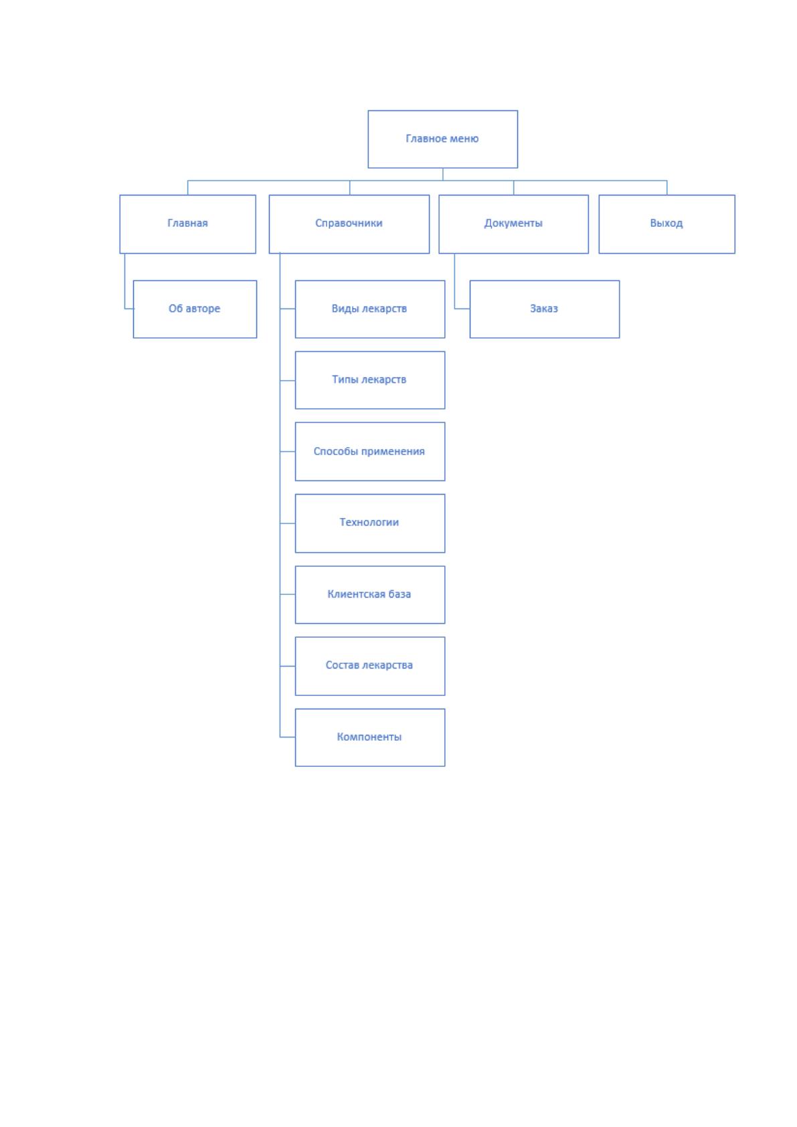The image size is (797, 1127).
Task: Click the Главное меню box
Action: pyautogui.click(x=442, y=139)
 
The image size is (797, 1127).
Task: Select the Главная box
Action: pyautogui.click(x=187, y=224)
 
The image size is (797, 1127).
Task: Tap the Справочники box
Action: pyautogui.click(x=349, y=224)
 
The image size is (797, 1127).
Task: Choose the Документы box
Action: pyautogui.click(x=513, y=224)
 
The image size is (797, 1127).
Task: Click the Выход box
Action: pyautogui.click(x=667, y=224)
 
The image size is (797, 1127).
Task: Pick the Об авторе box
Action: pyautogui.click(x=195, y=309)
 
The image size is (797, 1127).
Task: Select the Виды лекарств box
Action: pyautogui.click(x=370, y=309)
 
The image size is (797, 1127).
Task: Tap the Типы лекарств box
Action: pyautogui.click(x=370, y=380)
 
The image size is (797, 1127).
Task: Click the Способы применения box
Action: pyautogui.click(x=370, y=451)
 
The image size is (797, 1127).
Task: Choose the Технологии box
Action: pyautogui.click(x=370, y=523)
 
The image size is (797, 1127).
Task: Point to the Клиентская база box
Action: pyautogui.click(x=370, y=595)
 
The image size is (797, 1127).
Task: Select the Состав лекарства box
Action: pyautogui.click(x=370, y=666)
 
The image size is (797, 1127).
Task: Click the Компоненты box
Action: pyautogui.click(x=370, y=738)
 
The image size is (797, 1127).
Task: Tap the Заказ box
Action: pyautogui.click(x=545, y=309)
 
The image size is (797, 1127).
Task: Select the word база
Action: pyautogui.click(x=400, y=594)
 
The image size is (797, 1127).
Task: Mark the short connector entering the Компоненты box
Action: pyautogui.click(x=287, y=737)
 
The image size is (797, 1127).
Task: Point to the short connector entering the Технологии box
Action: pyautogui.click(x=287, y=523)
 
